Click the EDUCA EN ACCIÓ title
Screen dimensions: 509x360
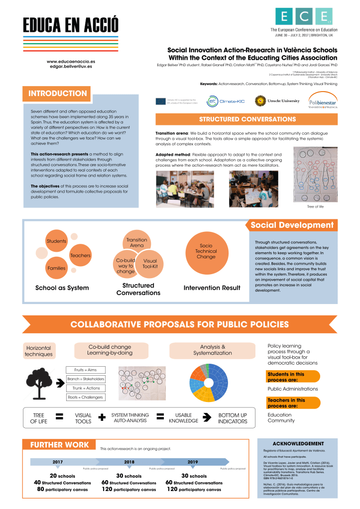[71, 24]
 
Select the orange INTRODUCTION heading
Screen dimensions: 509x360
[58, 94]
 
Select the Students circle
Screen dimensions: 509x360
[56, 241]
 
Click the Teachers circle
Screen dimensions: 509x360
[80, 255]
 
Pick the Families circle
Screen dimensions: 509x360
[56, 269]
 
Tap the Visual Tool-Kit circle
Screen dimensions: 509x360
[150, 264]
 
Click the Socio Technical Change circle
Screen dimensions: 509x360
[206, 251]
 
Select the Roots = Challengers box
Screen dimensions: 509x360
[86, 397]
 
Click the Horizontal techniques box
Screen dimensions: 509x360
[38, 351]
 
